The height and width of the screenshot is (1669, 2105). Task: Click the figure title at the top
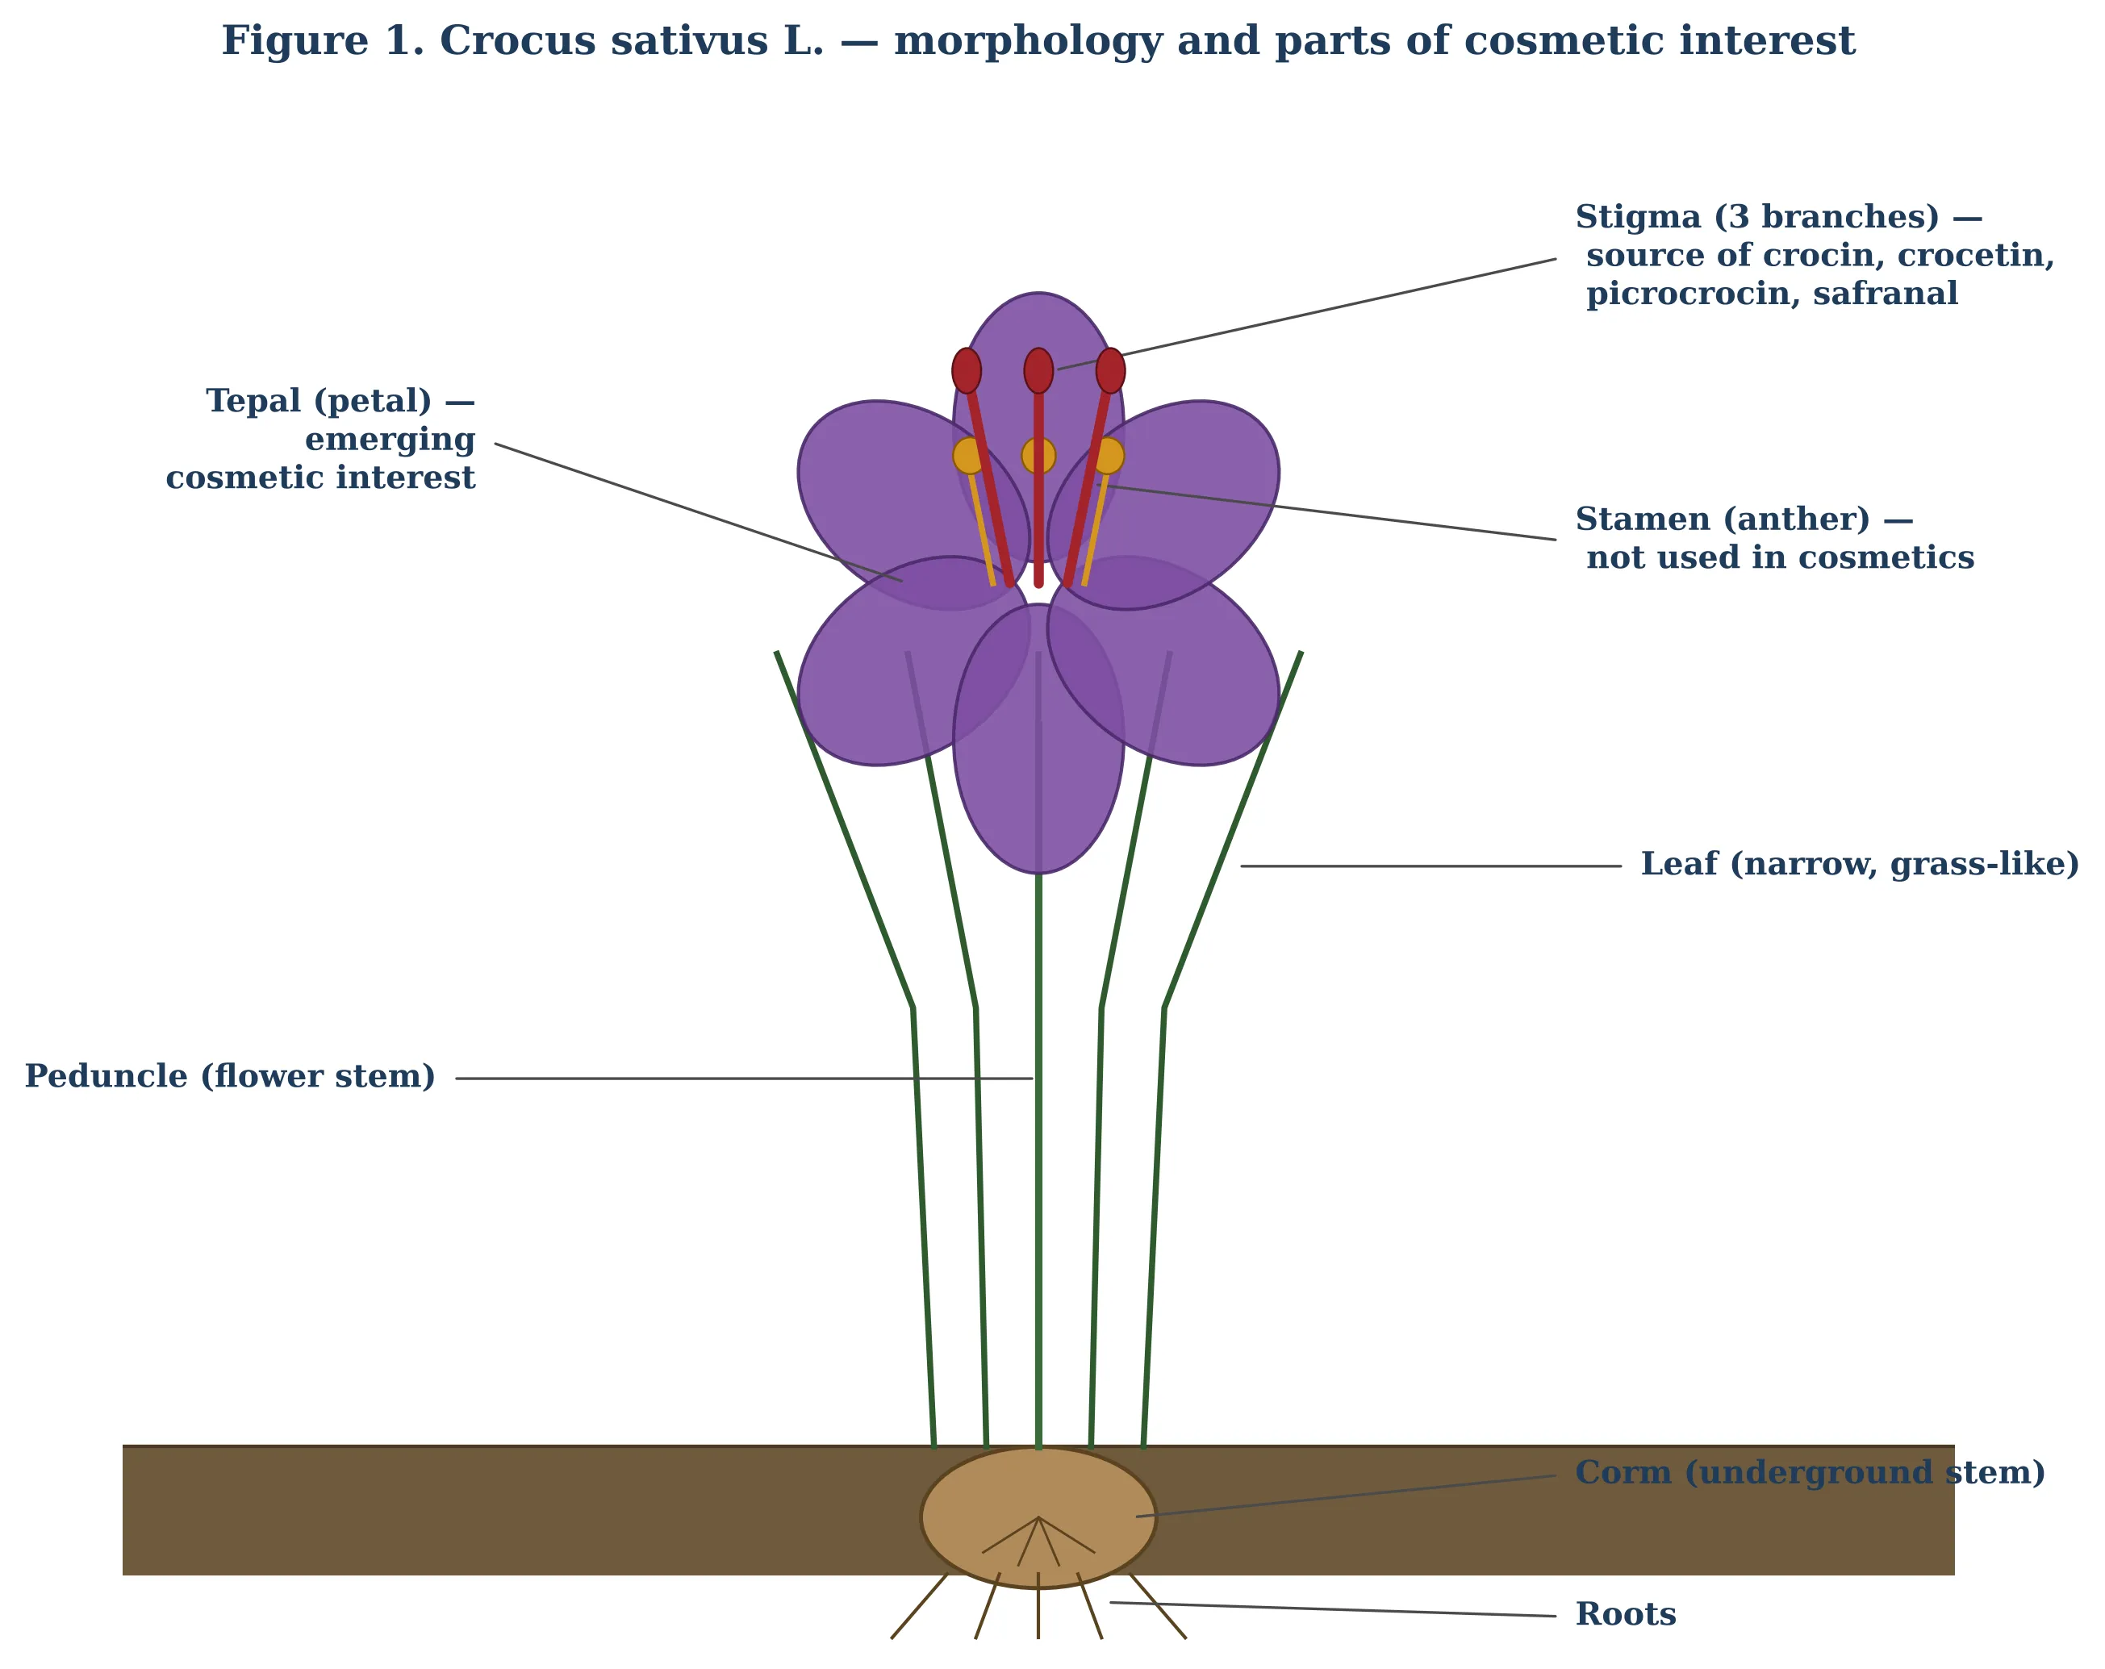click(x=1038, y=42)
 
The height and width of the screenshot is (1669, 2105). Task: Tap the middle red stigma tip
click(x=1039, y=371)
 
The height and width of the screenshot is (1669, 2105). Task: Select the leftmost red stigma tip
click(x=967, y=371)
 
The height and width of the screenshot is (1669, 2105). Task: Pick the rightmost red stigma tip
click(x=1110, y=371)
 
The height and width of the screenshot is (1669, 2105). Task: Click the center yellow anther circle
click(x=1039, y=456)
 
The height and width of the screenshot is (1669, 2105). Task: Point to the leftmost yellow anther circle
click(x=970, y=456)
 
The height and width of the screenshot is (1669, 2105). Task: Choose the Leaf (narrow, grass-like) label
click(x=1860, y=865)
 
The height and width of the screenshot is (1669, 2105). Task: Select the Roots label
click(x=1626, y=1614)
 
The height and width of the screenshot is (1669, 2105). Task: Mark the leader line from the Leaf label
click(x=1431, y=866)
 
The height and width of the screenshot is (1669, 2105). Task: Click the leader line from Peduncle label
click(x=744, y=1079)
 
